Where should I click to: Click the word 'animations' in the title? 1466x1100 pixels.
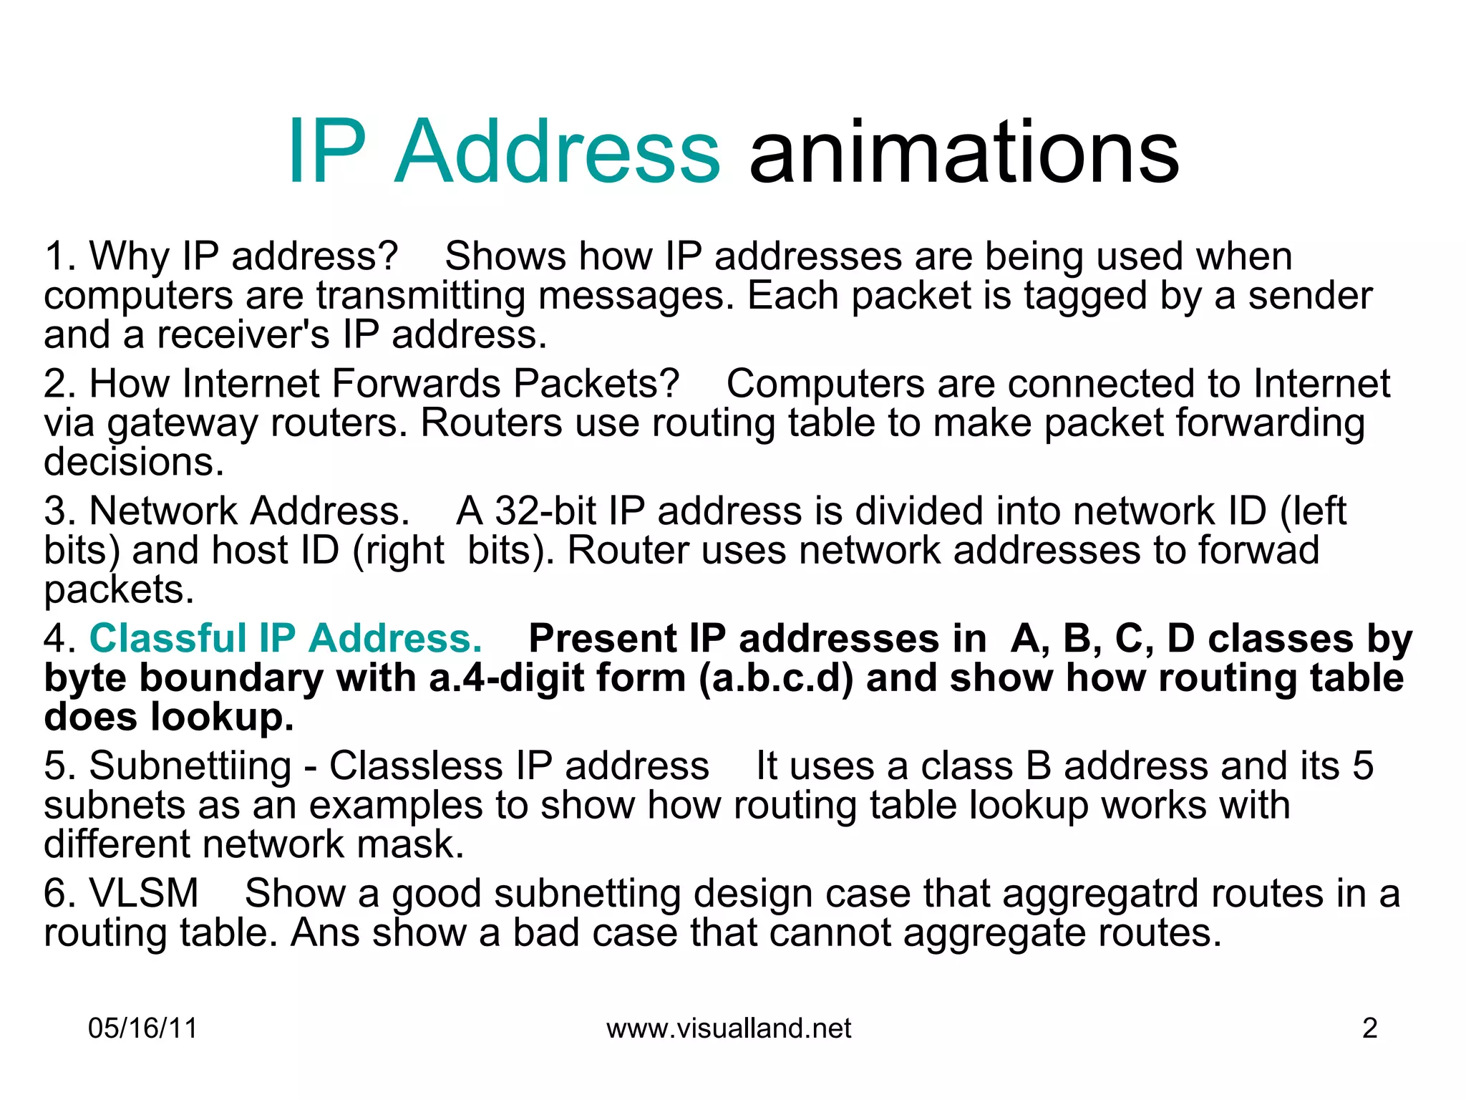[x=963, y=152]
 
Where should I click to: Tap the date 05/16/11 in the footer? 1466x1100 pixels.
[x=142, y=1028]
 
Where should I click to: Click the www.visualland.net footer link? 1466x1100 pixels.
[x=729, y=1028]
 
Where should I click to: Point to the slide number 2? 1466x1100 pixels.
[x=1369, y=1028]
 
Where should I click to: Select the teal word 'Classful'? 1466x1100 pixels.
[x=168, y=638]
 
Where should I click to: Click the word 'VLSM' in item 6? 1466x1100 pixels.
[x=143, y=893]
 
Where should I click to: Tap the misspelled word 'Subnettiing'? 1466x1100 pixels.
[x=190, y=766]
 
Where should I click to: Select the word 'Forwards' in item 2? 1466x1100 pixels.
[x=416, y=384]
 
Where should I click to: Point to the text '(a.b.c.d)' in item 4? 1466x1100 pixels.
[x=776, y=677]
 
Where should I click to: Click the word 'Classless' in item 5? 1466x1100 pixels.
[x=416, y=766]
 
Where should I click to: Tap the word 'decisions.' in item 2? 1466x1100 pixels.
[x=134, y=462]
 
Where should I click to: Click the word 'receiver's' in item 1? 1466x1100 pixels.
[x=243, y=334]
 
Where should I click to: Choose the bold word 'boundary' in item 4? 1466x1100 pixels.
[x=230, y=677]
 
